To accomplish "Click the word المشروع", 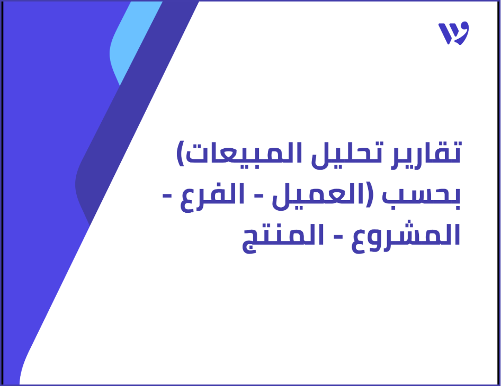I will click(x=407, y=236).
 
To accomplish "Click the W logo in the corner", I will click(x=453, y=34).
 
